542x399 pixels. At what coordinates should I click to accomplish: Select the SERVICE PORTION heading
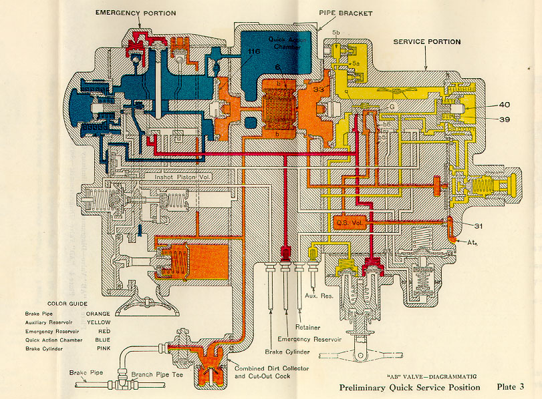pos(426,42)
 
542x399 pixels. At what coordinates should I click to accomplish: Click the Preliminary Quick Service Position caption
pos(409,387)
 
